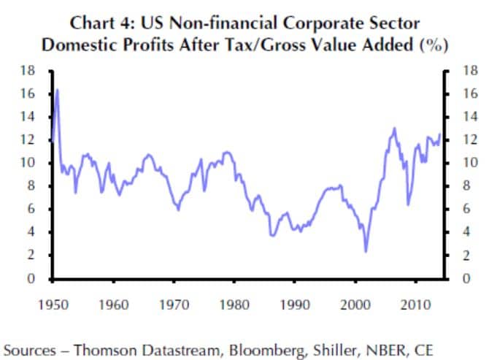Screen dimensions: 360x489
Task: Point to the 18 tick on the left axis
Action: click(x=26, y=71)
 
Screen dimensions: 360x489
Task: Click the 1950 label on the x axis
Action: click(x=54, y=302)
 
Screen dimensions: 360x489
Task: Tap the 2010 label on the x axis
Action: click(x=417, y=302)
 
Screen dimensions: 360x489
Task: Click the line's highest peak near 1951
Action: click(x=57, y=90)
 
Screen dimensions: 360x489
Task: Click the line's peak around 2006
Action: click(x=395, y=129)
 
